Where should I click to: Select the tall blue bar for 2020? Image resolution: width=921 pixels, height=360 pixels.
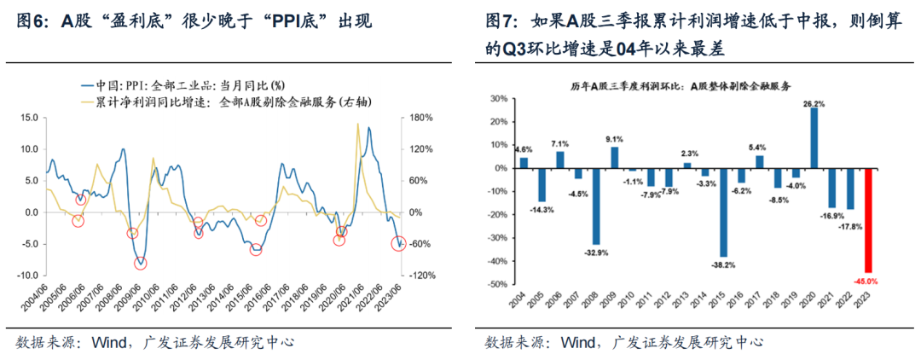(x=814, y=137)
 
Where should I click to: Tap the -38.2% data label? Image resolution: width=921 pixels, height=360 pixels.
(x=724, y=265)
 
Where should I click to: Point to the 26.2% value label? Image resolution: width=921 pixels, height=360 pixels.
(x=814, y=103)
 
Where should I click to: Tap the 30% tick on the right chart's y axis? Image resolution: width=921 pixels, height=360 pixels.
(x=500, y=99)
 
